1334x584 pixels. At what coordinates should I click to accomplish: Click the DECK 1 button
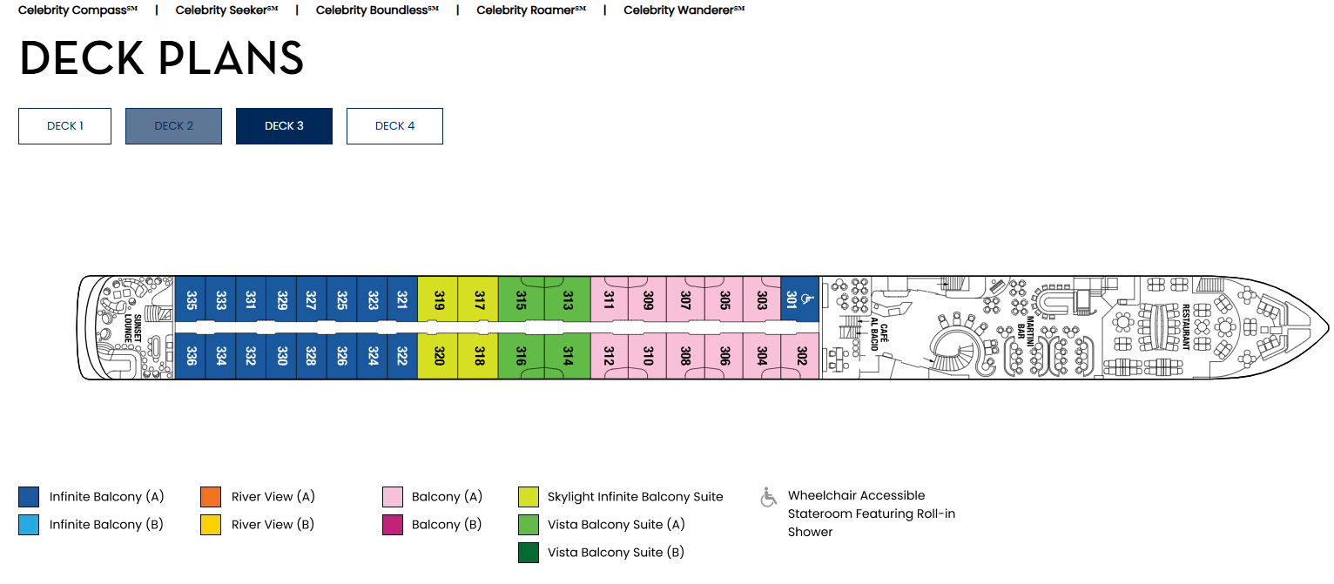pyautogui.click(x=65, y=126)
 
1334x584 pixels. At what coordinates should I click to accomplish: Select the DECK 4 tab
pyautogui.click(x=394, y=126)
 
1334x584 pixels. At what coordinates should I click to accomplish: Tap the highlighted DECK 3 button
pyautogui.click(x=284, y=126)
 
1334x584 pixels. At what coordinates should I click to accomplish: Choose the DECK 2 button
pyautogui.click(x=173, y=126)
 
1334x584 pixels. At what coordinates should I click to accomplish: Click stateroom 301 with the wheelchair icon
pyautogui.click(x=800, y=299)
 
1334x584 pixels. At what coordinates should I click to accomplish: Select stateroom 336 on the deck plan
pyautogui.click(x=191, y=356)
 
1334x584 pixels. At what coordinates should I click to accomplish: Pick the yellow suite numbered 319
pyautogui.click(x=438, y=299)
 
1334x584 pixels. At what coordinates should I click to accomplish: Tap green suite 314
pyautogui.click(x=568, y=356)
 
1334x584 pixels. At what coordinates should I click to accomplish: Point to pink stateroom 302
pyautogui.click(x=800, y=356)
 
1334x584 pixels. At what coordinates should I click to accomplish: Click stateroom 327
pyautogui.click(x=312, y=299)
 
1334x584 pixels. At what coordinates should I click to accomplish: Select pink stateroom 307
pyautogui.click(x=685, y=299)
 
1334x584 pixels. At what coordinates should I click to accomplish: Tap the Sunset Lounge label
pyautogui.click(x=132, y=328)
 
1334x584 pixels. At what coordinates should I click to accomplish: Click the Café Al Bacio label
pyautogui.click(x=879, y=334)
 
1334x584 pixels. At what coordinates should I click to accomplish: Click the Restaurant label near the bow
pyautogui.click(x=1185, y=327)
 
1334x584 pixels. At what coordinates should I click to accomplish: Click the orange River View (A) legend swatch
pyautogui.click(x=211, y=496)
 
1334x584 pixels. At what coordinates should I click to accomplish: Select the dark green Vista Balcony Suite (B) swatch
pyautogui.click(x=529, y=553)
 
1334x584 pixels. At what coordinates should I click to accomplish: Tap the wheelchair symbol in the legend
pyautogui.click(x=768, y=497)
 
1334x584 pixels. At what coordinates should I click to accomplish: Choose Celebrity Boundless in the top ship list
pyautogui.click(x=377, y=10)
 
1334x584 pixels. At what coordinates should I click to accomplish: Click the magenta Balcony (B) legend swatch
pyautogui.click(x=393, y=525)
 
